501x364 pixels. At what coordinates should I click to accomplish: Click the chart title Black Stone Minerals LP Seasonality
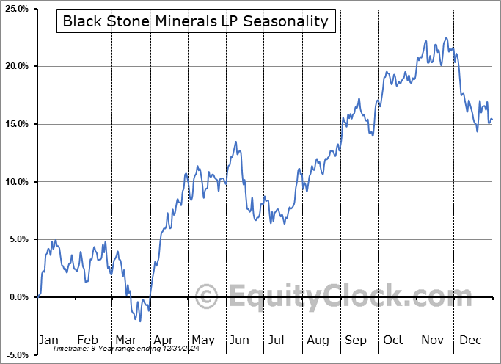[196, 21]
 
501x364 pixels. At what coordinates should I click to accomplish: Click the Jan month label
[48, 340]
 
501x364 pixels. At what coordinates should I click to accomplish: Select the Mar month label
[126, 340]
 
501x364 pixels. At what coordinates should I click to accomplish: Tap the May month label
[203, 340]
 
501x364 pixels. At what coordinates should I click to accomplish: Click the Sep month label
[356, 340]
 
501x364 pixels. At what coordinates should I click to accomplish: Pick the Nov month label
[433, 340]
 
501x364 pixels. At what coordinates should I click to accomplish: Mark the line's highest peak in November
[445, 37]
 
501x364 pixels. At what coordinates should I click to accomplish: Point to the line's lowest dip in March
[140, 321]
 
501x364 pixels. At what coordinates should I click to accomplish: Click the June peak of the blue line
[235, 142]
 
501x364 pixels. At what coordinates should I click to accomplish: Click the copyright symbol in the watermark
[207, 298]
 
